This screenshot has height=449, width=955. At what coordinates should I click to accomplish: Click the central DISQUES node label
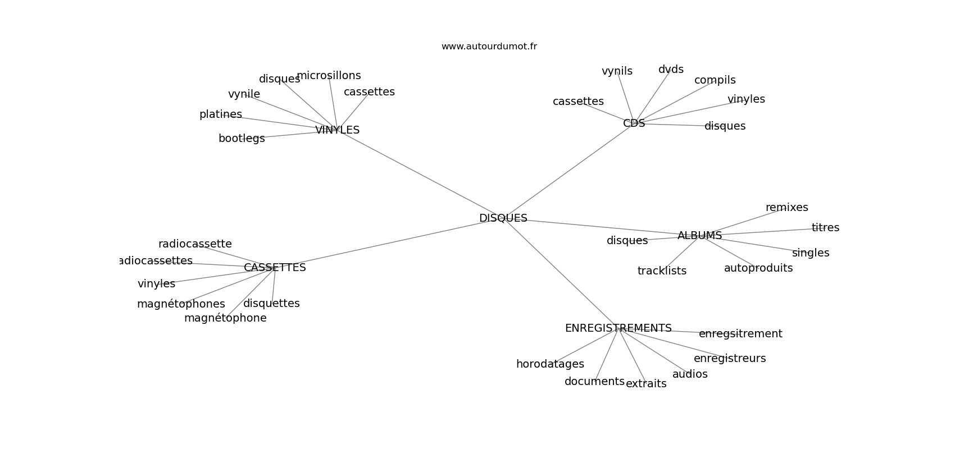(503, 218)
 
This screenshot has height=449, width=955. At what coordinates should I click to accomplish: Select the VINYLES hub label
(337, 130)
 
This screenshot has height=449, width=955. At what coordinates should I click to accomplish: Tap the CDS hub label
(634, 123)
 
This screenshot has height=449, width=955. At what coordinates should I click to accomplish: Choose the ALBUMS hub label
(699, 236)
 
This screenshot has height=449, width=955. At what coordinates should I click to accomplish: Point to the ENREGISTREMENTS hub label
(618, 328)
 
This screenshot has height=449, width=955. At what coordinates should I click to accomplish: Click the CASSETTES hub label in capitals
(275, 268)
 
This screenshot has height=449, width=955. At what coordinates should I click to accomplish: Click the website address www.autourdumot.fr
(489, 47)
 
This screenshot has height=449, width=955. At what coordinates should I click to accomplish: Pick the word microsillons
(329, 76)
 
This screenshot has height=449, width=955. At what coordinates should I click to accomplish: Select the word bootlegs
(242, 139)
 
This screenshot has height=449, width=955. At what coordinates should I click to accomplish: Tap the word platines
(221, 114)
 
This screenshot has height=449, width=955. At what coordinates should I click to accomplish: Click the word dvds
(671, 70)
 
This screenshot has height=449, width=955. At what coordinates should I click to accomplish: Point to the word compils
(715, 80)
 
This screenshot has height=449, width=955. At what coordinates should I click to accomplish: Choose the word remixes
(786, 208)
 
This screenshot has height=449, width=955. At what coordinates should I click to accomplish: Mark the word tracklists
(662, 271)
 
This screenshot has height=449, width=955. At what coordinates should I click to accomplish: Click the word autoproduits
(758, 268)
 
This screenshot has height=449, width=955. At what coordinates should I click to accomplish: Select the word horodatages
(550, 364)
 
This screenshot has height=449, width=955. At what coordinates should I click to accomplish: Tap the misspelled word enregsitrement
(740, 334)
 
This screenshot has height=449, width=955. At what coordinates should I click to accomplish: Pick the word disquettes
(271, 304)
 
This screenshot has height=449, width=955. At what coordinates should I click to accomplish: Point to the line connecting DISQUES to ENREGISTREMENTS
(562, 273)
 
